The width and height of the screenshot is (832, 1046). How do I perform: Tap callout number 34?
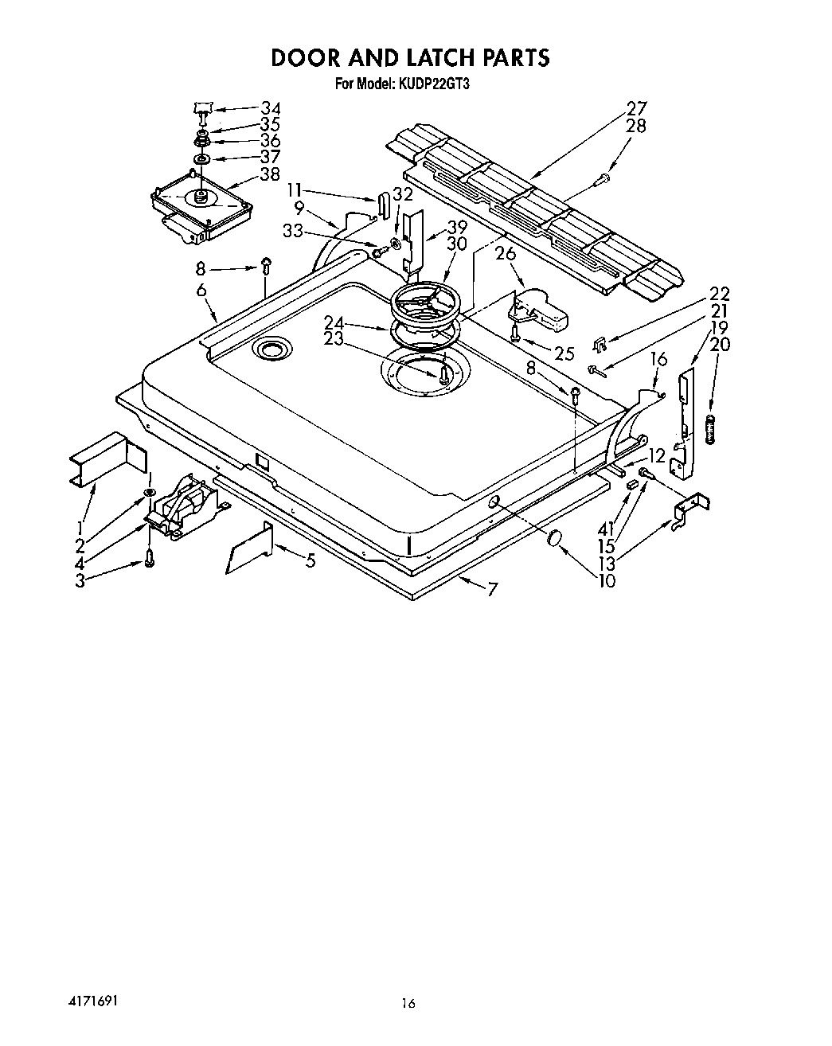pos(271,108)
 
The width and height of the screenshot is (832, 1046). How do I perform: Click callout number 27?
pos(637,108)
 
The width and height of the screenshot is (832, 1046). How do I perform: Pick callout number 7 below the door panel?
pos(493,590)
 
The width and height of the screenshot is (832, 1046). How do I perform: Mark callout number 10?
pos(607,581)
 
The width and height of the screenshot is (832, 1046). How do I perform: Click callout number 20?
pos(720,345)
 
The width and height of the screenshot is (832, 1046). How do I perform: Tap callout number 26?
pos(506,255)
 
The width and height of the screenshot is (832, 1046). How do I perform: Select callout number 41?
pos(607,527)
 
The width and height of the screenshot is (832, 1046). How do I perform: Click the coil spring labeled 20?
pos(711,430)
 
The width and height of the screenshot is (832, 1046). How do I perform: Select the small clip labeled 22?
pos(601,344)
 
